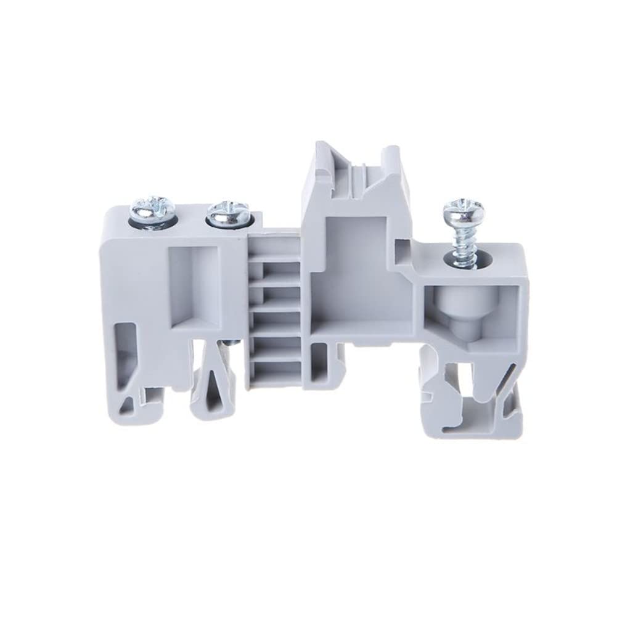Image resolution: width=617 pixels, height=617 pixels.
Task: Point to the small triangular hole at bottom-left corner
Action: tap(131, 404)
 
